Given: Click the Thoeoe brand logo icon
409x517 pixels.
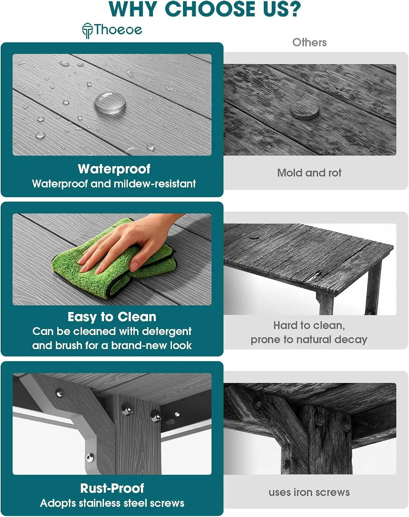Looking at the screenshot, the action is pyautogui.click(x=87, y=31).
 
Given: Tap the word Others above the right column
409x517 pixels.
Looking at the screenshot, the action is pyautogui.click(x=309, y=42).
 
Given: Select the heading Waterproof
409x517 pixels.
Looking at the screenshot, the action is pyautogui.click(x=114, y=169).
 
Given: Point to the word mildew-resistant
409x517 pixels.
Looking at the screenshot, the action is pyautogui.click(x=155, y=184).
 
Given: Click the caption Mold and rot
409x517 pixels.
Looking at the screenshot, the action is pyautogui.click(x=309, y=173).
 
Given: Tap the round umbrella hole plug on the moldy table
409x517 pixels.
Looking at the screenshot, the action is pyautogui.click(x=305, y=110).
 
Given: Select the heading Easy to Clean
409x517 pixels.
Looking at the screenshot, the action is pyautogui.click(x=112, y=317).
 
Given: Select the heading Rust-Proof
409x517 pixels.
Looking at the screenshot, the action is pyautogui.click(x=112, y=488).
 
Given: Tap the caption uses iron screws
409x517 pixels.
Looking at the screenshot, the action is pyautogui.click(x=309, y=493).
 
